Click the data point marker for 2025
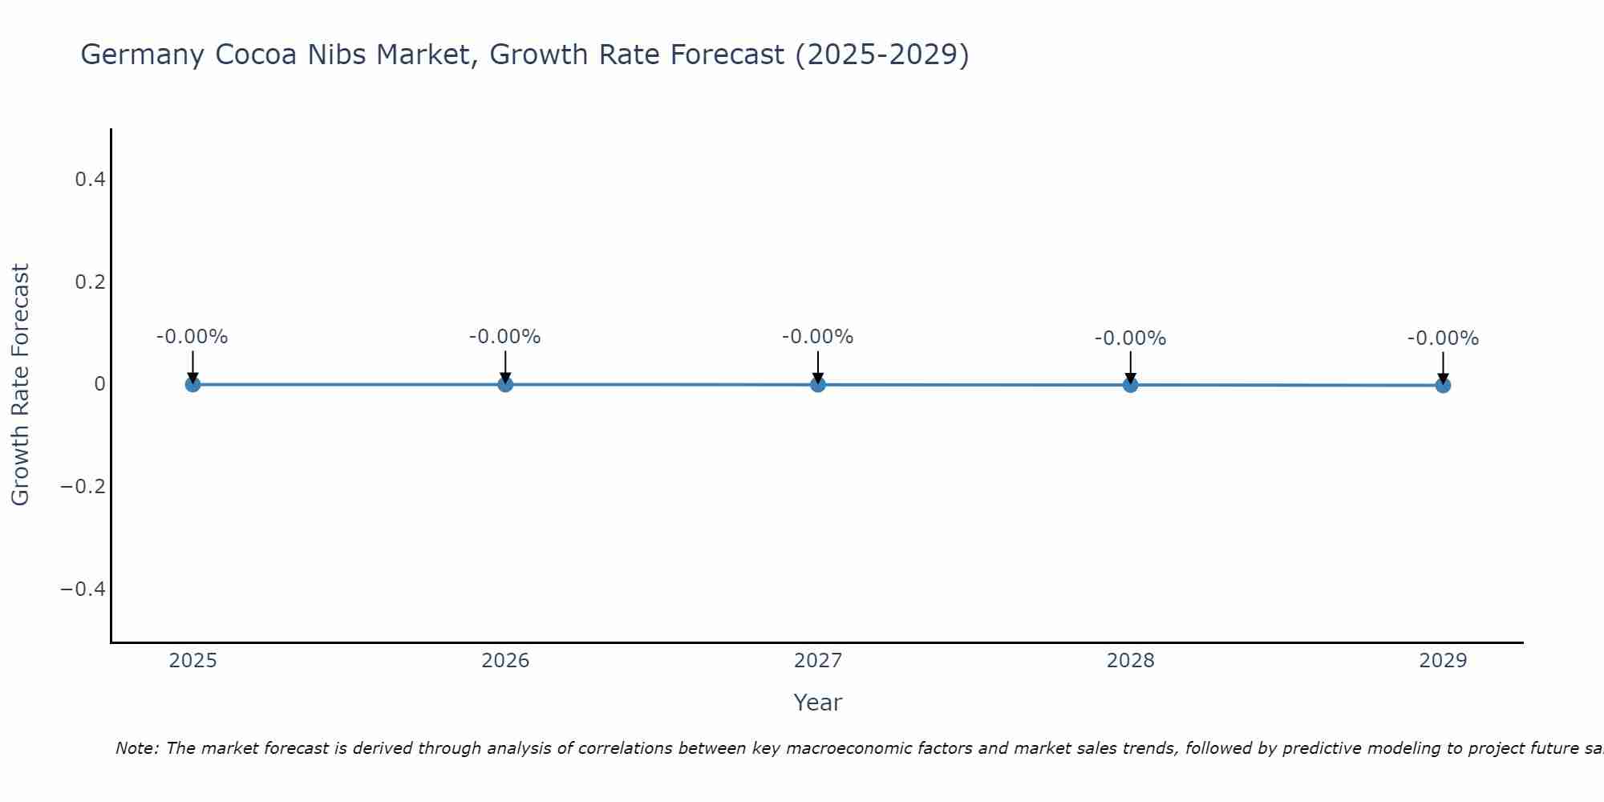(x=192, y=384)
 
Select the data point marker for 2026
(x=505, y=384)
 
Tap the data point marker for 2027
(x=818, y=384)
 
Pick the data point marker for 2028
(x=1130, y=385)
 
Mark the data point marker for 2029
(x=1443, y=385)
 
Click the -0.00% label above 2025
(x=192, y=337)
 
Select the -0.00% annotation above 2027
(x=818, y=337)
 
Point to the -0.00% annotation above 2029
(x=1443, y=338)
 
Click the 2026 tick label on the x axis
(x=505, y=661)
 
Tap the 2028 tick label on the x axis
(x=1130, y=661)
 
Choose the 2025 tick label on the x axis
(x=193, y=661)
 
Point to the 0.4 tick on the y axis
(x=91, y=180)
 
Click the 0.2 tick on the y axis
(x=91, y=282)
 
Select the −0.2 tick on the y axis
(x=83, y=487)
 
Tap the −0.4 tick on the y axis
(x=83, y=589)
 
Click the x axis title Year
(x=817, y=703)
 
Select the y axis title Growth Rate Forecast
(x=21, y=385)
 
